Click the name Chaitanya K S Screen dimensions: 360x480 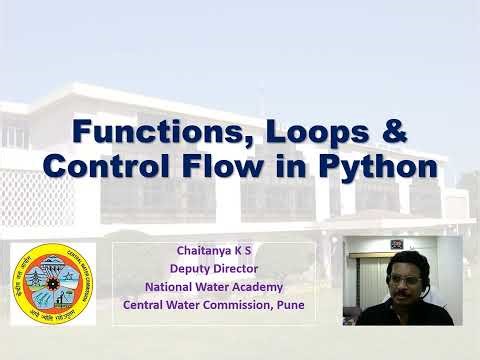click(x=215, y=250)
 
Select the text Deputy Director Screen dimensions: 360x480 click(x=215, y=268)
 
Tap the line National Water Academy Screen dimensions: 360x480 click(x=215, y=286)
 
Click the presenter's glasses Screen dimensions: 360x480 click(x=406, y=278)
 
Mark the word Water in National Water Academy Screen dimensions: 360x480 click(x=208, y=286)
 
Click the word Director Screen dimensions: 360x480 click(x=236, y=268)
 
